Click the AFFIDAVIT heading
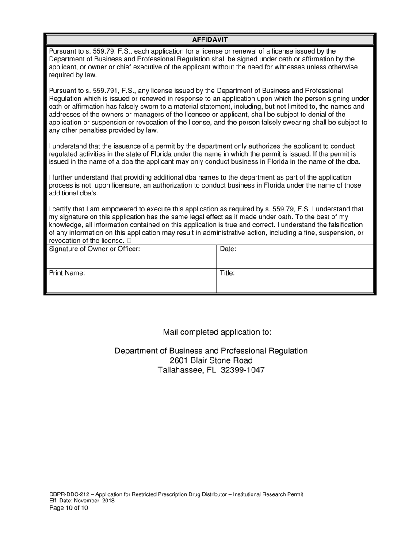click(210, 39)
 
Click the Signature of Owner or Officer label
click(94, 249)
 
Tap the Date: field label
click(228, 249)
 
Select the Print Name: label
click(67, 273)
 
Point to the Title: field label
click(227, 273)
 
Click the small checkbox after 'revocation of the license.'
click(129, 241)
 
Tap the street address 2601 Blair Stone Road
click(211, 360)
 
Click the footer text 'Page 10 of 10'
click(69, 508)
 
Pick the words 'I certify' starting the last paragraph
click(61, 209)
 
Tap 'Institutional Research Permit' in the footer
click(267, 494)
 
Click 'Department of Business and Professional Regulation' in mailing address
click(211, 351)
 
